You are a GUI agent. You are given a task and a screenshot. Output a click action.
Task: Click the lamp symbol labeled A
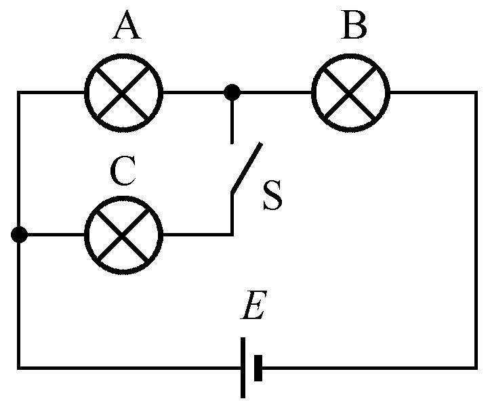pos(123,92)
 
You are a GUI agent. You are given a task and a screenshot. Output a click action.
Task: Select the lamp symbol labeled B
pos(350,92)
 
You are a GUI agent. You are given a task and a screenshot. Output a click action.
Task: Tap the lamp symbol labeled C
pos(123,235)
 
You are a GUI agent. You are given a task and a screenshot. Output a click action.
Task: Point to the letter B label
pos(353,28)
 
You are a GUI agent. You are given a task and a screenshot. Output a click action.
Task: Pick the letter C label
pos(123,173)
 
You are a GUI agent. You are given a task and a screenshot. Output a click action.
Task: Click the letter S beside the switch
pos(272,197)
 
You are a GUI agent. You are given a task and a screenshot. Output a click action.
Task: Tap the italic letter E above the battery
pos(255,310)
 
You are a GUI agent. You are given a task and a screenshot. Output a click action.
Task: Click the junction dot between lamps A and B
pos(232,91)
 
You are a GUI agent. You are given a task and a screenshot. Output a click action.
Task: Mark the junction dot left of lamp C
pos(19,235)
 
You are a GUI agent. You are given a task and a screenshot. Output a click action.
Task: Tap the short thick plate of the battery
pos(258,368)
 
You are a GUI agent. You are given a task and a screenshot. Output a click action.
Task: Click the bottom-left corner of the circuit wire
pos(19,368)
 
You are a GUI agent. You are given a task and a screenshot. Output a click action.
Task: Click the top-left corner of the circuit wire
pos(19,92)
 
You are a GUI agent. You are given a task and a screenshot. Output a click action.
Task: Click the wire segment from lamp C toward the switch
pos(197,235)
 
